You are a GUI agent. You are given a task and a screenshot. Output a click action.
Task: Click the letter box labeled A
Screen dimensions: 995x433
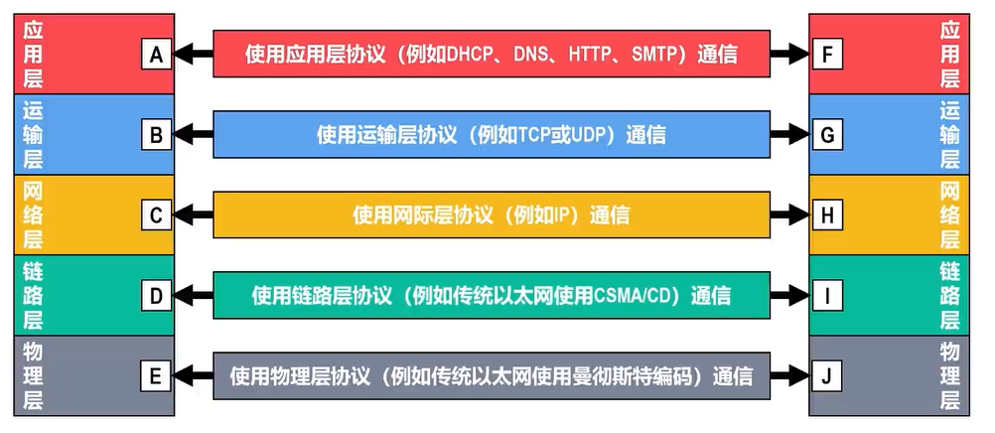(x=156, y=55)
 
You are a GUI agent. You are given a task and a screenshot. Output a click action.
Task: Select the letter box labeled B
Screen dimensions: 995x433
(x=156, y=135)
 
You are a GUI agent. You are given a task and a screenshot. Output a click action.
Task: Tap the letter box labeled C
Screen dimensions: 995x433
(x=156, y=216)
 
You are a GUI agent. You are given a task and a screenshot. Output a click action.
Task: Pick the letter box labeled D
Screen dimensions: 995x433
(x=156, y=296)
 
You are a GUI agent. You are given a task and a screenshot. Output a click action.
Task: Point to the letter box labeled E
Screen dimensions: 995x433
(x=156, y=376)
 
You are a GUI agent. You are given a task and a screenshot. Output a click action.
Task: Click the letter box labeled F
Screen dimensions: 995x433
(x=827, y=55)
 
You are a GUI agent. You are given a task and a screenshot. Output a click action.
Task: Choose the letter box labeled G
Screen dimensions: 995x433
(x=827, y=135)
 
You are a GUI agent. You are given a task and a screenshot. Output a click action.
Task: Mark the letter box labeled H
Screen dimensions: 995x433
(x=827, y=216)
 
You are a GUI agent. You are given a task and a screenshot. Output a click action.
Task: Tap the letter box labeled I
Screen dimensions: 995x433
(x=827, y=296)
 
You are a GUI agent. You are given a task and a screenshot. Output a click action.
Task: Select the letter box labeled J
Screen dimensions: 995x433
(x=827, y=376)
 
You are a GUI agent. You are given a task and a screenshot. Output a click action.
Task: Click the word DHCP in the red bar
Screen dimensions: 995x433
(x=471, y=55)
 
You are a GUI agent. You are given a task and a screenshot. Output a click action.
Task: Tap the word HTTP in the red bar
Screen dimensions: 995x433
(x=592, y=55)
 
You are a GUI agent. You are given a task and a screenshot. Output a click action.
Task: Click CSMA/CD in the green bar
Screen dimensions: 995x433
(x=632, y=296)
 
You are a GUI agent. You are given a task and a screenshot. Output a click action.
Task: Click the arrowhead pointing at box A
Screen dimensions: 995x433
(x=182, y=55)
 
